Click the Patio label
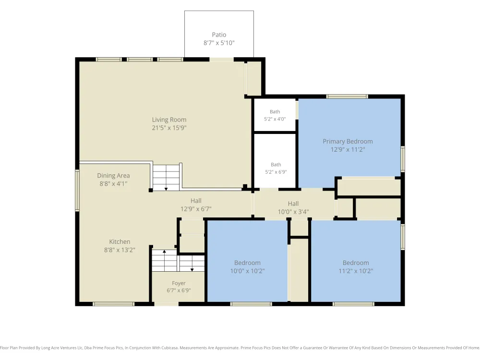[x=219, y=35]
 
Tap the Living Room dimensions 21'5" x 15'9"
[x=169, y=128]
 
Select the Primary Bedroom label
[x=348, y=142]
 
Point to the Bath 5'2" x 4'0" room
[x=275, y=115]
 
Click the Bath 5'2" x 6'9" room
[x=275, y=161]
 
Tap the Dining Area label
[x=113, y=176]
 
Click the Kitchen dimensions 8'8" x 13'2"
[x=120, y=250]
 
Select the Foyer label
[x=179, y=284]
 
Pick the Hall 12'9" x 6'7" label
[x=196, y=205]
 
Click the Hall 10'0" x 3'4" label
[x=293, y=207]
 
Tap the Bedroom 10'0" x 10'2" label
[x=247, y=266]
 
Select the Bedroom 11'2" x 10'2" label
[x=356, y=266]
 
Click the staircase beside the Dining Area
[x=166, y=178]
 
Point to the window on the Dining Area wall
[x=77, y=191]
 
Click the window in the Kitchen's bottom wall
[x=114, y=304]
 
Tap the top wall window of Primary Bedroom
[x=347, y=96]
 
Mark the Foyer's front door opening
[x=166, y=304]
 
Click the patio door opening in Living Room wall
[x=222, y=60]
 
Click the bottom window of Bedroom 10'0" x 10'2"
[x=251, y=304]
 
